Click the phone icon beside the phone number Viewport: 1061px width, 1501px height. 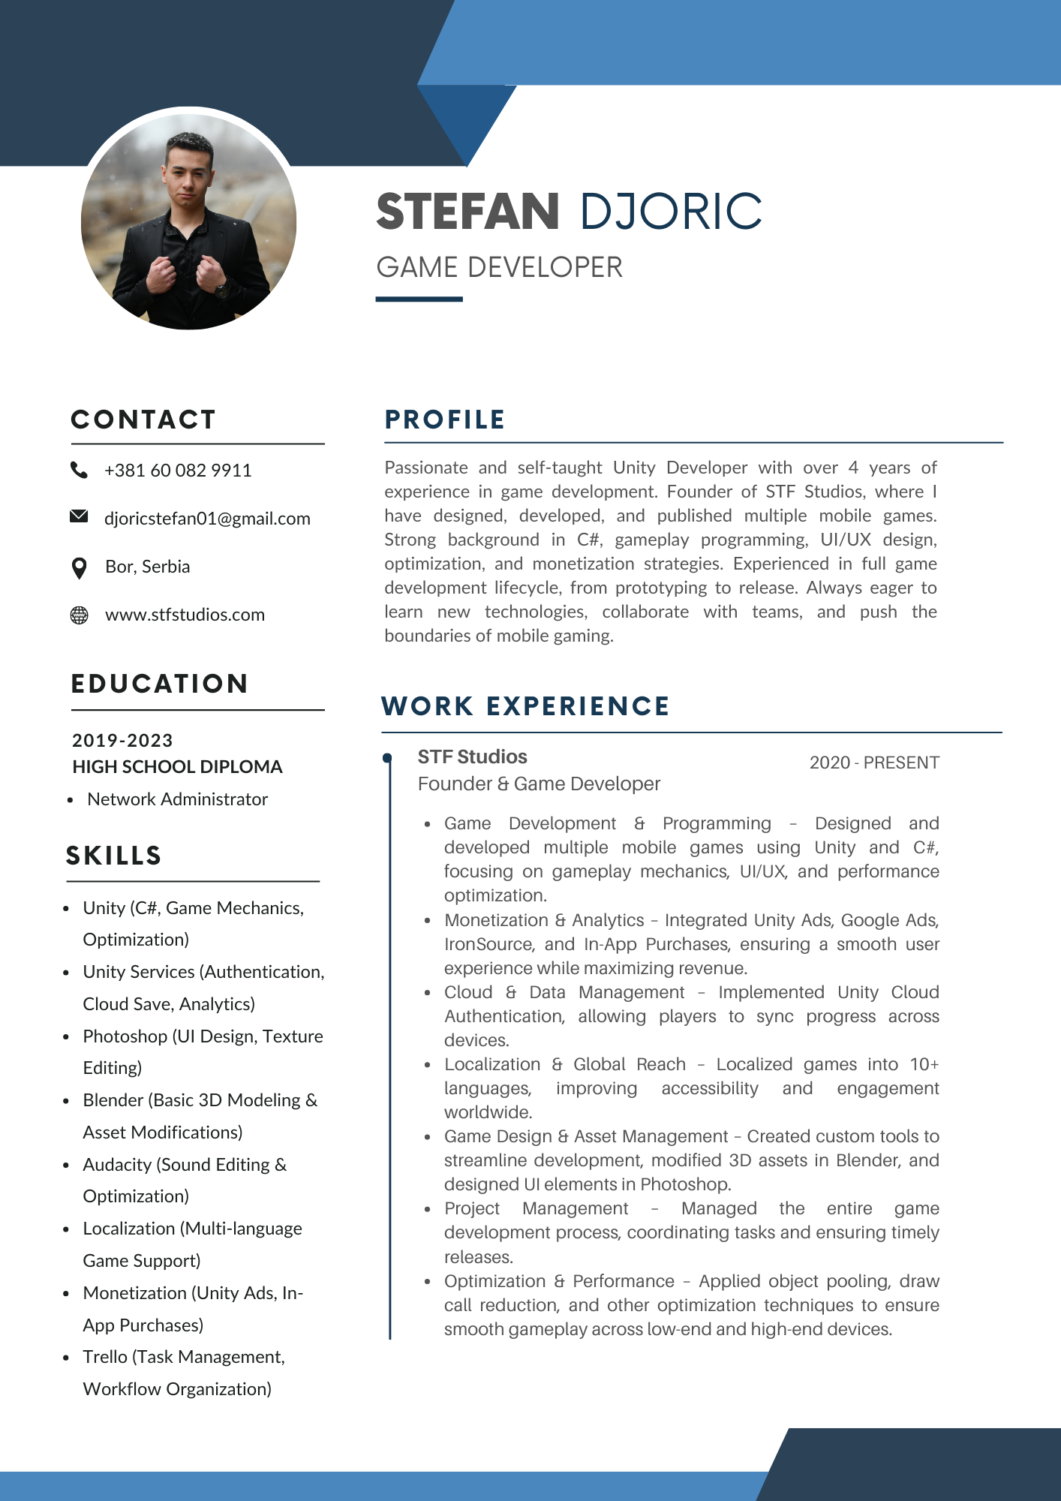click(79, 470)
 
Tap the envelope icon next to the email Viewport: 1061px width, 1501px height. click(79, 516)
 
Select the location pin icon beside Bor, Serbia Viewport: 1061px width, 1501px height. click(79, 568)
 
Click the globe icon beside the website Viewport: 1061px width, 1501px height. click(79, 615)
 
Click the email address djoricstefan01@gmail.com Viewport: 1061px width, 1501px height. click(207, 519)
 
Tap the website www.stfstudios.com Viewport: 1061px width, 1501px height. click(185, 615)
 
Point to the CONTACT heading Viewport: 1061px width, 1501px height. click(143, 420)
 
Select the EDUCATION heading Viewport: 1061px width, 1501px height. click(159, 684)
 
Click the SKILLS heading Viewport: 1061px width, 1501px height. click(114, 856)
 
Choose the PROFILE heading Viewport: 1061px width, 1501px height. click(445, 420)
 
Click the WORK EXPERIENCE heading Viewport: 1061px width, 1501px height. click(525, 706)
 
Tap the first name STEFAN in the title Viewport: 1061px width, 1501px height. click(467, 212)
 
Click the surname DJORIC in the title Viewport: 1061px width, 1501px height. click(671, 212)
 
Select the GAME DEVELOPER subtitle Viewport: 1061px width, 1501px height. click(499, 267)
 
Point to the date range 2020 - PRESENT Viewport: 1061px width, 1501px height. click(874, 763)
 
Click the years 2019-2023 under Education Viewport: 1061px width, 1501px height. click(122, 741)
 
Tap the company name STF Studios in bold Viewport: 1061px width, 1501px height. click(472, 757)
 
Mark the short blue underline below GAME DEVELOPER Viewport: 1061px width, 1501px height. click(419, 299)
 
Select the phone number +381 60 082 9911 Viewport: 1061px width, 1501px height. click(178, 471)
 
